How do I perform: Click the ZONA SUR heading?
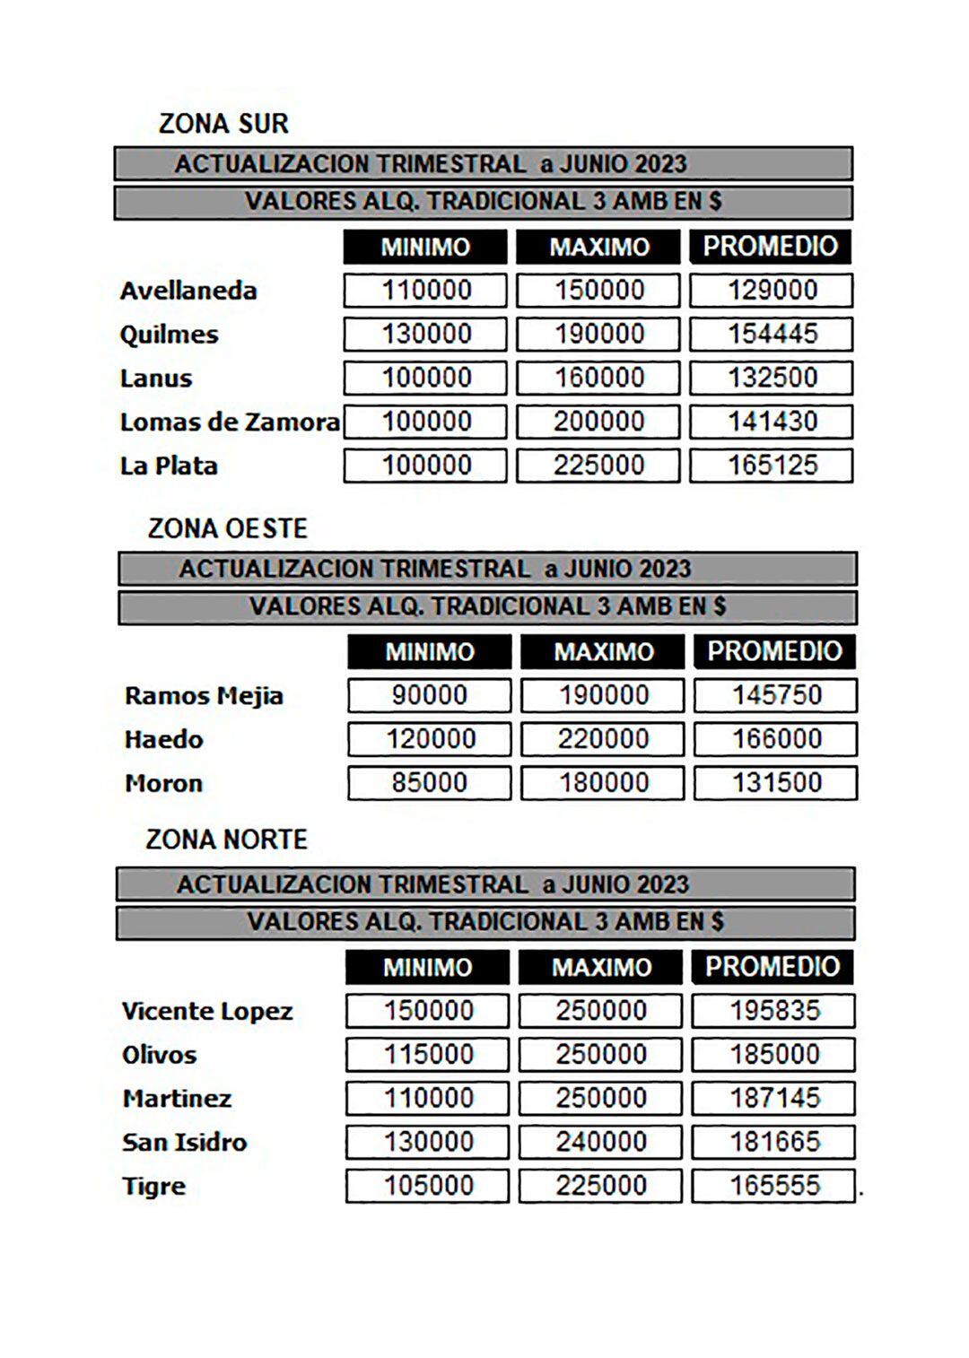coord(223,124)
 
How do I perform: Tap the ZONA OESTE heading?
coord(227,528)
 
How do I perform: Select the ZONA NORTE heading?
coord(226,840)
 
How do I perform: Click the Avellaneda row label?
coord(188,291)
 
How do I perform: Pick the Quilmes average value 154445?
coord(772,334)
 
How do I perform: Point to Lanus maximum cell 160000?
coord(598,378)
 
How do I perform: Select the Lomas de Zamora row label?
coord(230,422)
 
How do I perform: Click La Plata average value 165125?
coord(772,466)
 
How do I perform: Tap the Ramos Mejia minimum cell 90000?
coord(429,695)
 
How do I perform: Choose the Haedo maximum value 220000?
coord(603,739)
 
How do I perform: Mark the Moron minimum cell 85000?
coord(429,783)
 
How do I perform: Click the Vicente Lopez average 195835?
coord(773,1011)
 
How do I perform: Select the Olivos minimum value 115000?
coord(428,1054)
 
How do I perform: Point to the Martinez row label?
coord(177,1098)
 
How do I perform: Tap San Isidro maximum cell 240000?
coord(600,1142)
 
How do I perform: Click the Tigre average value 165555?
coord(773,1186)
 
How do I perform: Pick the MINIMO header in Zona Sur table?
coord(425,247)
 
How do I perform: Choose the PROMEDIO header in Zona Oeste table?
coord(774,651)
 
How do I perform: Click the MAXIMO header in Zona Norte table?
coord(601,967)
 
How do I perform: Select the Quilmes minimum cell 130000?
coord(426,334)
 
